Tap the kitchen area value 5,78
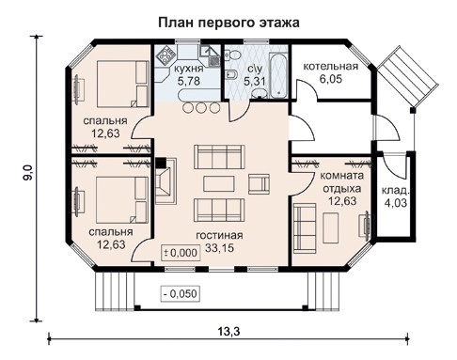188,82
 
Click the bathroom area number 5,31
255,82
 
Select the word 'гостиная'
220,235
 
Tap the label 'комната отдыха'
341,180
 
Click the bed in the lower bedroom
106,199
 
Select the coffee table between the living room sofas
220,180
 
